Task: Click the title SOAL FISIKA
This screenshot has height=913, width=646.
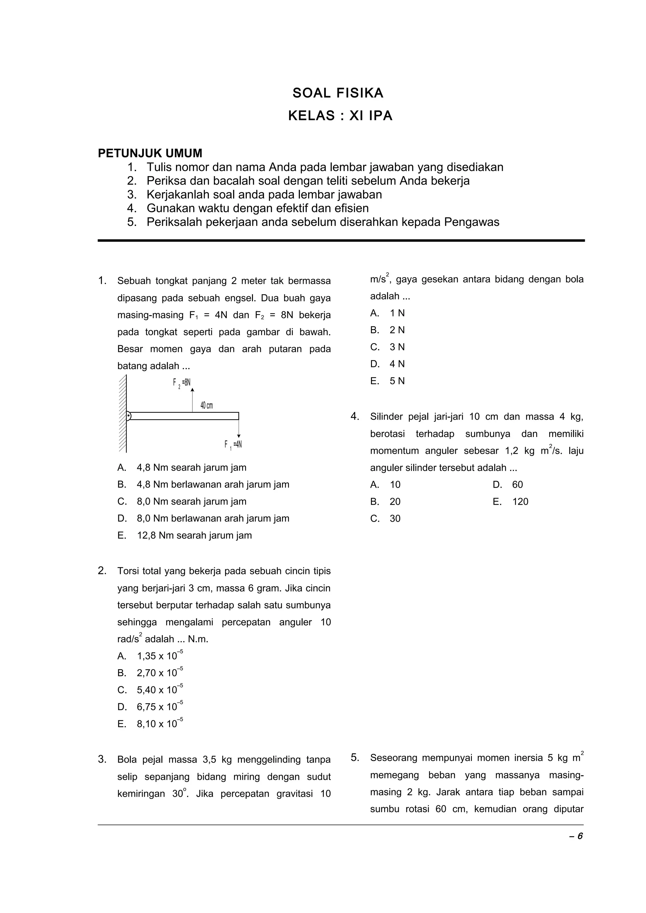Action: coord(338,93)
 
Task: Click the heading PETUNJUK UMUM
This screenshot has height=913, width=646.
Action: coord(150,153)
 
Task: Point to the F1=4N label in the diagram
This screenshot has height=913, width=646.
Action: coord(233,445)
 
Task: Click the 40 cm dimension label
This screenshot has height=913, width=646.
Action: coord(207,405)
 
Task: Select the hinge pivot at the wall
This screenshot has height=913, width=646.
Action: coord(129,416)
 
